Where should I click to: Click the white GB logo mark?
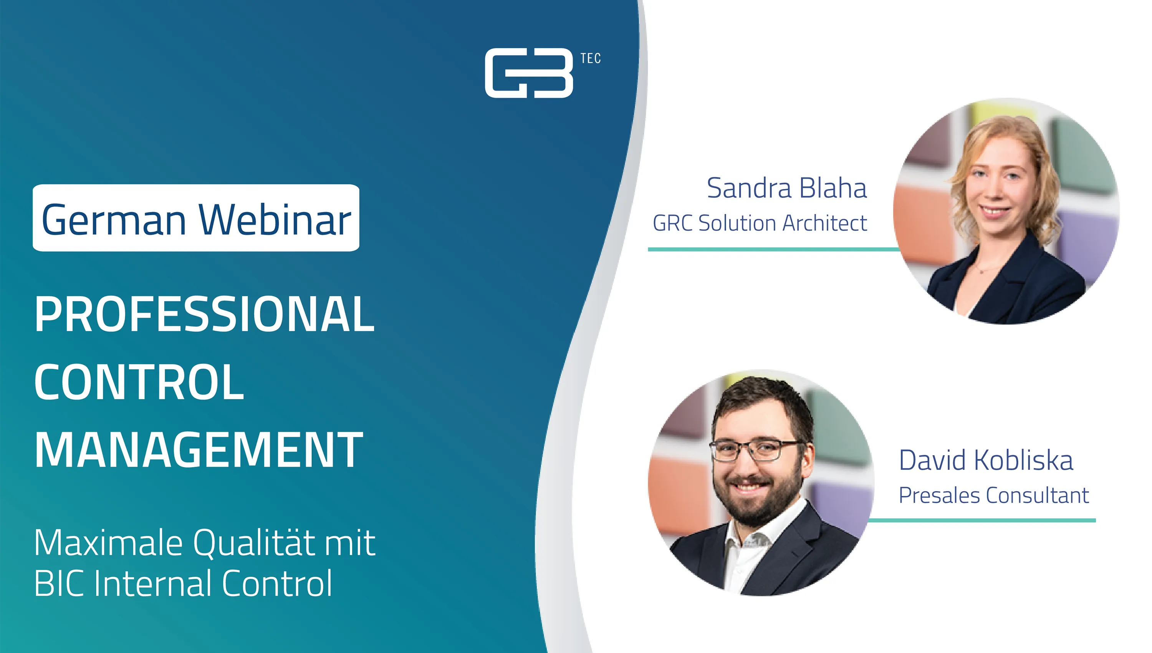click(529, 73)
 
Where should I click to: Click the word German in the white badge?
click(114, 219)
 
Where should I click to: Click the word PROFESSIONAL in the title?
click(204, 314)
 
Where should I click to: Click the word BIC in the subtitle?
click(59, 583)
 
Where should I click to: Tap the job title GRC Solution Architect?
click(760, 223)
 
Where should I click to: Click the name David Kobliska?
click(986, 460)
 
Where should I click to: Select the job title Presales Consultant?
click(994, 495)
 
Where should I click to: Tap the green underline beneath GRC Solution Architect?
click(773, 249)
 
